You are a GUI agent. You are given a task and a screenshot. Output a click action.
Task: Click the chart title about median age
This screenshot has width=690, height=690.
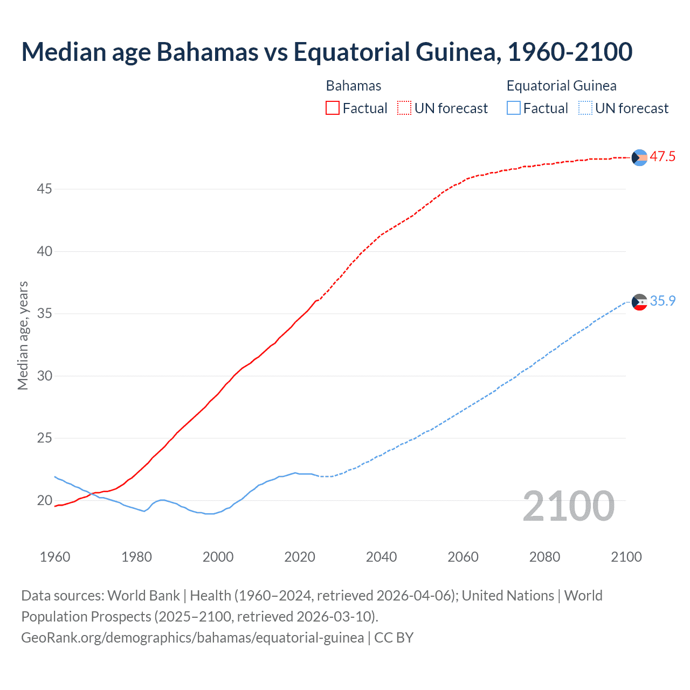pos(327,52)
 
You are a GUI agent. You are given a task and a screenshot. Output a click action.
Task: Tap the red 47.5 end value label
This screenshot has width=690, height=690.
pos(662,157)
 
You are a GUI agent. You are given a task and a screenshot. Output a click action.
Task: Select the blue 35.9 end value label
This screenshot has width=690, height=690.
pos(662,301)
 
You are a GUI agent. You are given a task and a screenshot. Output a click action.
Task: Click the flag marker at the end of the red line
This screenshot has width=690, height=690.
pos(639,157)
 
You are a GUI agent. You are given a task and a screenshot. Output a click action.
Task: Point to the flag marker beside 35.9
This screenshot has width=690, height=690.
pos(639,302)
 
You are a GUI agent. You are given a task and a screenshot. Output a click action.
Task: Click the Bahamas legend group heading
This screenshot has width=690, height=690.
pos(354,86)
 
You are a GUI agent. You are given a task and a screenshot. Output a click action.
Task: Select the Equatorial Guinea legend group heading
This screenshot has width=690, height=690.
pos(561,86)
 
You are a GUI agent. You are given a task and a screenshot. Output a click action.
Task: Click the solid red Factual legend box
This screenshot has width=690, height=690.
pos(333,108)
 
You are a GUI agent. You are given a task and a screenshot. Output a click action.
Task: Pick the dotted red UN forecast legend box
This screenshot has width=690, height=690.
pos(404,108)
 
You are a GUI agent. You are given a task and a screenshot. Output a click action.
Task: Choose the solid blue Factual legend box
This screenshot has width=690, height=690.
pos(513,108)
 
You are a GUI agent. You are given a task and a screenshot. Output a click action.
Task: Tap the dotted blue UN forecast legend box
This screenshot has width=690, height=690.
pos(585,108)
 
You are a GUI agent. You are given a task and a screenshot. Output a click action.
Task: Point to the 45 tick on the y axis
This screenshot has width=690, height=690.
pos(44,189)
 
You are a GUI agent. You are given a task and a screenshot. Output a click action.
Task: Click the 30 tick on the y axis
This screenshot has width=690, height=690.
pos(44,376)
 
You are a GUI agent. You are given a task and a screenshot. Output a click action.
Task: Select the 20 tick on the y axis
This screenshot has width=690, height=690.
pos(44,500)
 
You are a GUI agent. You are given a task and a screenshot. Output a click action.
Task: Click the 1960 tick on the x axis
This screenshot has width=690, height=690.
pos(55,557)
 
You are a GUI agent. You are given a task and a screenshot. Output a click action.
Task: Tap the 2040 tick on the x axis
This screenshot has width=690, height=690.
pos(381,557)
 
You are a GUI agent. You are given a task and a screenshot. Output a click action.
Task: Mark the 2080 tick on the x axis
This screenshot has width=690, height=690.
pos(544,557)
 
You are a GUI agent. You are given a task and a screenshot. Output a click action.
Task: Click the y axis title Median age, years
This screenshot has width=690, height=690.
pos(23,335)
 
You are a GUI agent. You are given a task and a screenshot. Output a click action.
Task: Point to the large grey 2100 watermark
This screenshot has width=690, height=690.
pos(568,506)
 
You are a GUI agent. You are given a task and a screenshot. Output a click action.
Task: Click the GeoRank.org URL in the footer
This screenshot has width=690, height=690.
pos(192,638)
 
